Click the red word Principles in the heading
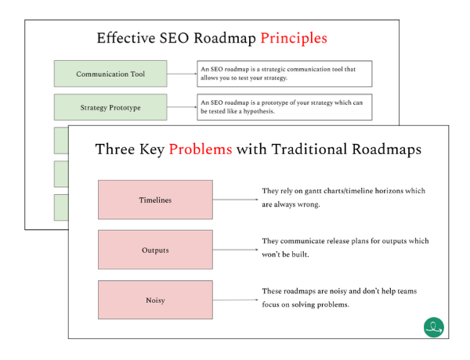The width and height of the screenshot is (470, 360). tap(294, 38)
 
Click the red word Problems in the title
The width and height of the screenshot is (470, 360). tap(201, 149)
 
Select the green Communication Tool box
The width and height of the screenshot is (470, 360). tap(110, 74)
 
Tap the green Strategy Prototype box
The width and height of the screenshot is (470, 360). tap(110, 107)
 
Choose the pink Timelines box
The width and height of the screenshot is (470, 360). tap(155, 200)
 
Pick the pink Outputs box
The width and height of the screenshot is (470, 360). tap(155, 250)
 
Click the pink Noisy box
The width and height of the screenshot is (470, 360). tap(155, 300)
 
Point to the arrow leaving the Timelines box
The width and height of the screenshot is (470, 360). tap(235, 200)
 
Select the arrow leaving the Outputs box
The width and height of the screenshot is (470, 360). tap(235, 250)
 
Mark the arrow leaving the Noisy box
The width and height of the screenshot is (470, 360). tap(235, 300)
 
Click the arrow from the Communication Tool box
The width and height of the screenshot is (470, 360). tap(182, 74)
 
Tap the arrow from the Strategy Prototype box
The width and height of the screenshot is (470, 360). tap(182, 107)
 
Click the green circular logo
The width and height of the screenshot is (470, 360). tap(434, 327)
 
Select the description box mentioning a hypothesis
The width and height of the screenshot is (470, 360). tap(284, 107)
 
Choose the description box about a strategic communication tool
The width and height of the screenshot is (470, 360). tap(284, 74)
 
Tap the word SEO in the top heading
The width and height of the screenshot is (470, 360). tap(174, 38)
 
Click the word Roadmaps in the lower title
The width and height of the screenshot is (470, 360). tap(387, 149)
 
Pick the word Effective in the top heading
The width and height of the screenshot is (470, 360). tap(126, 38)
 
